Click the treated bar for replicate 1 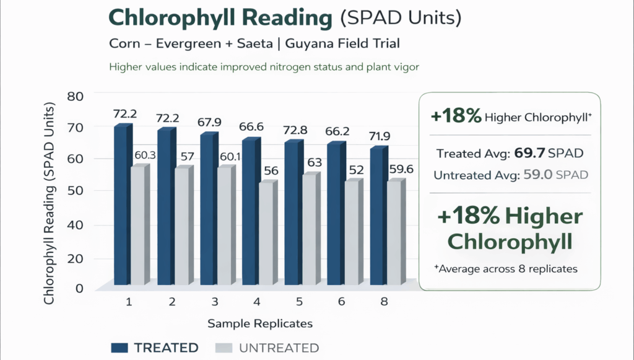point(121,204)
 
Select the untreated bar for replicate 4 point(266,234)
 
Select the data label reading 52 point(357,170)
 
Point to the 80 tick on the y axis point(75,97)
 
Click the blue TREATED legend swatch point(127,348)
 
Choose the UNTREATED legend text point(279,348)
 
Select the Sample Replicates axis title point(260,323)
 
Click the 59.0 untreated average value point(536,175)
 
